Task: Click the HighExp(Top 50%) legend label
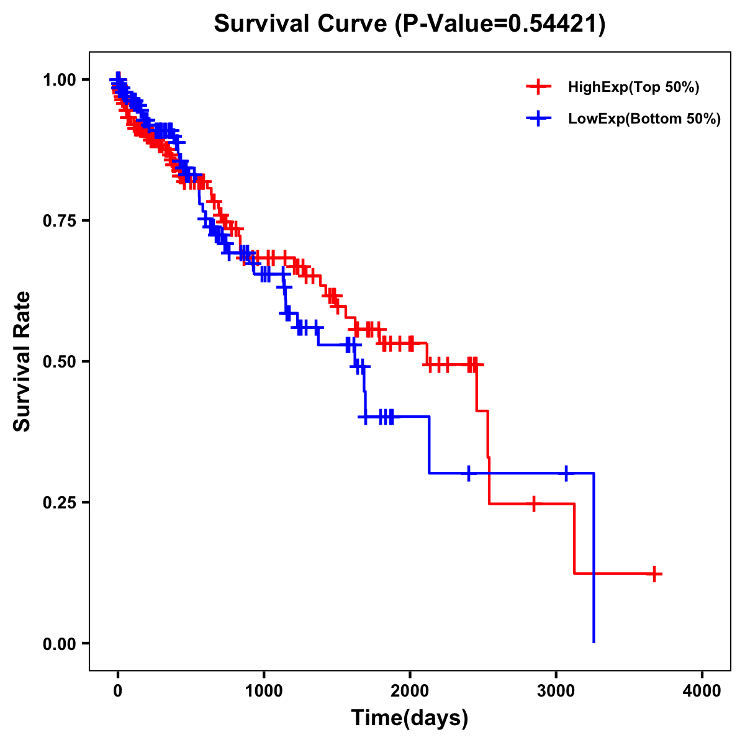coord(633,88)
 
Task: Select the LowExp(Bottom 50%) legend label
coord(644,119)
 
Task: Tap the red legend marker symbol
coord(538,88)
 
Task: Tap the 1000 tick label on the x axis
coord(264,691)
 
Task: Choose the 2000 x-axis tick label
coord(410,691)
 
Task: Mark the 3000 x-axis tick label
coord(556,691)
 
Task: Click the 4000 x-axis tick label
coord(702,691)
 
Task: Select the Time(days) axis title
coord(410,718)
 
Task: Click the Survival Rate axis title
coord(22,361)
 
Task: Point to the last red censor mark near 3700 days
coord(654,574)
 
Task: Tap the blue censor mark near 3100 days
coord(566,473)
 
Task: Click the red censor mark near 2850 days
coord(533,503)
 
